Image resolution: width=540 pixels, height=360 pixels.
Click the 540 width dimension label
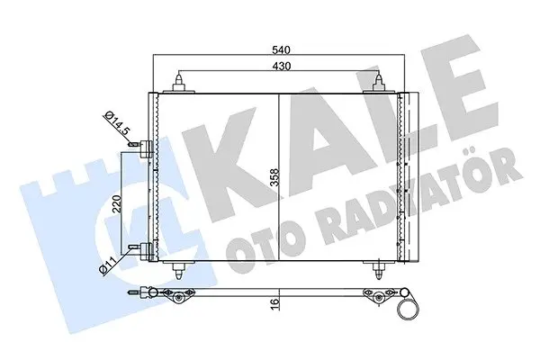pos(281,50)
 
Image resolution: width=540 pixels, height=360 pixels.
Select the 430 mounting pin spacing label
pos(281,66)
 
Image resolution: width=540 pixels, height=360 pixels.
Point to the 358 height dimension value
pos(274,177)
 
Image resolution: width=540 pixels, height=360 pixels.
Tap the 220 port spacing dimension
pos(117,204)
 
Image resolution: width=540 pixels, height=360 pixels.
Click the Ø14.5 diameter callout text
pos(117,123)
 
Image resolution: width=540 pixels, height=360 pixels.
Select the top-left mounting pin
pos(179,84)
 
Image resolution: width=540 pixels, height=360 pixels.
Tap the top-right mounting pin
pos(379,84)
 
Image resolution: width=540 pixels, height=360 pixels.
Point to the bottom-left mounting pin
pos(179,270)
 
